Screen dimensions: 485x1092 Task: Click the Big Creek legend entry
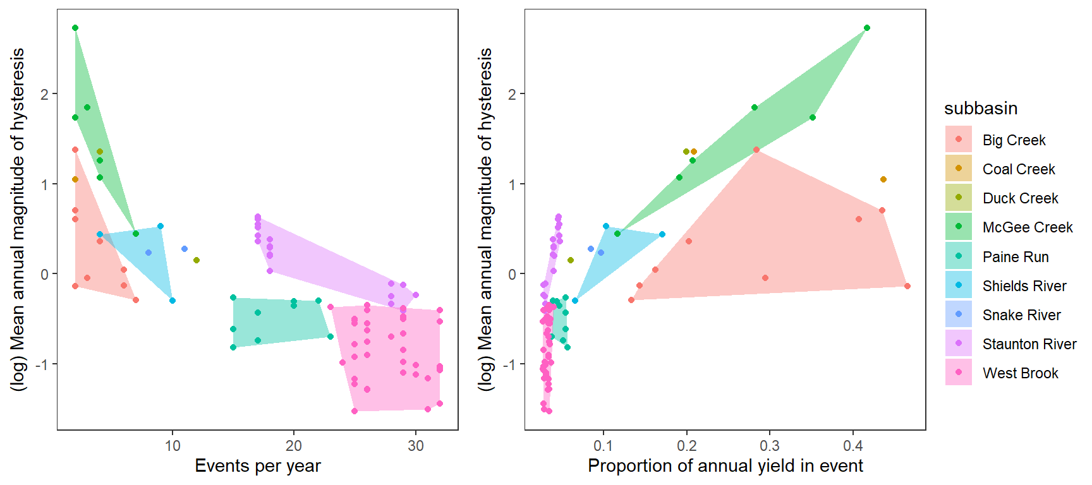point(1014,140)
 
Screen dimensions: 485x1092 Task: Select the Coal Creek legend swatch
point(959,169)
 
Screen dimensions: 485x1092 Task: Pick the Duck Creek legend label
point(1020,198)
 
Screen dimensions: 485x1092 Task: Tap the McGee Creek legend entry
point(1028,227)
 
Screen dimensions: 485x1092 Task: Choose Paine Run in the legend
point(1016,257)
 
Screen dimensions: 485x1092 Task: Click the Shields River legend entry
point(1024,286)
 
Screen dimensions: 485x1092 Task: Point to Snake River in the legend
point(1021,315)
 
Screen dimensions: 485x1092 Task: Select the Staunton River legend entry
point(1029,344)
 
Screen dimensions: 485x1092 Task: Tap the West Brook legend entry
point(1020,373)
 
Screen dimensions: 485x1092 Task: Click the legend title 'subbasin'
point(981,109)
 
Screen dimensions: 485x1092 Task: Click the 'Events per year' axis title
point(258,466)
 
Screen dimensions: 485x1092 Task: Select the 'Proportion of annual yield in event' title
point(725,466)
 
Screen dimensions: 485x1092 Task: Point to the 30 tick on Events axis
point(416,446)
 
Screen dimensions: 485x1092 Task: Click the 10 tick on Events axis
point(173,446)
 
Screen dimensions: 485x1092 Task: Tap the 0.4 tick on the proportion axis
point(853,446)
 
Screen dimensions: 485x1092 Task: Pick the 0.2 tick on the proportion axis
point(687,446)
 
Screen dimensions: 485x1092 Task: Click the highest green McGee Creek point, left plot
point(75,28)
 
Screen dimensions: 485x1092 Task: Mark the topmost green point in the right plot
point(867,28)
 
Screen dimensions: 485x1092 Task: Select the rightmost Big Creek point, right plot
point(907,286)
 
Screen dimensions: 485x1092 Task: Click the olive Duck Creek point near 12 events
point(197,260)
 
